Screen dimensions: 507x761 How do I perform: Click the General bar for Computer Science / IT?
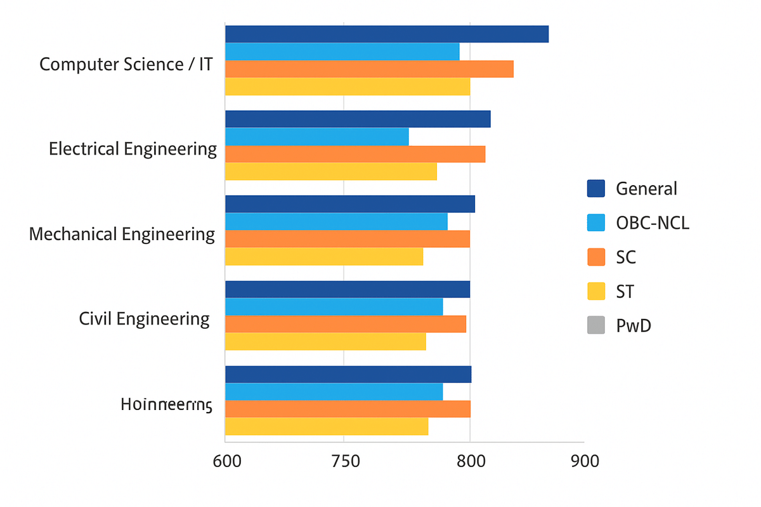click(387, 34)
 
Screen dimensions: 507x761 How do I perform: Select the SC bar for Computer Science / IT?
click(369, 68)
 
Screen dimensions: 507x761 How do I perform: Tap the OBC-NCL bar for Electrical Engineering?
click(317, 137)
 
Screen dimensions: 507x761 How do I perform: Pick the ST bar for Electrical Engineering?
click(331, 171)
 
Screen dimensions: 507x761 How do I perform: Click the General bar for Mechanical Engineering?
click(350, 204)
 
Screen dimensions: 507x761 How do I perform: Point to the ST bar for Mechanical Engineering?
click(324, 256)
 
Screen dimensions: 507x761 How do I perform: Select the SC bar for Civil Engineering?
click(346, 324)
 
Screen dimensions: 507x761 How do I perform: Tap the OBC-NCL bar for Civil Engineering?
click(334, 307)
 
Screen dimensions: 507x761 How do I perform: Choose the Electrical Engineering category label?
click(133, 150)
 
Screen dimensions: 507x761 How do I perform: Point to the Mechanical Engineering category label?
click(122, 234)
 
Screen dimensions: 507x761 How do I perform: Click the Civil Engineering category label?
click(144, 319)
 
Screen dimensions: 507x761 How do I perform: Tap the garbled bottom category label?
click(166, 404)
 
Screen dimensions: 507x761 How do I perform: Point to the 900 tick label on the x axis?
click(584, 461)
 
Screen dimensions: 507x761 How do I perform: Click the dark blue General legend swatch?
click(597, 188)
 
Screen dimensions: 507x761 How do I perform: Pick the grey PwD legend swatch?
click(597, 326)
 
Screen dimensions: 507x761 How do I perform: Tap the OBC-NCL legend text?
click(652, 223)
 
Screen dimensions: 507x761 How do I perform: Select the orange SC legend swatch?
click(597, 257)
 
